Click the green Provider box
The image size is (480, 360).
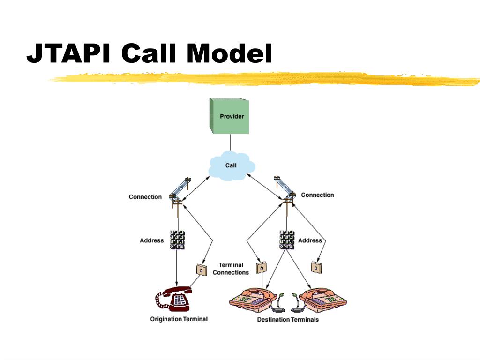(229, 116)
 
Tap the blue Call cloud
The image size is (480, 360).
(232, 165)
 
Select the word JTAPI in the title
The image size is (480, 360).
(68, 53)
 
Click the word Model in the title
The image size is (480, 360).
(229, 53)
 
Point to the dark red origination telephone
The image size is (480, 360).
(173, 299)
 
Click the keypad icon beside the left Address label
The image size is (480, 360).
(177, 240)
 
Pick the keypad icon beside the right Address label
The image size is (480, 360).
(286, 240)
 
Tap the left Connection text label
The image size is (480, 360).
(145, 197)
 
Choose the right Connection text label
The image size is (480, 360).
(317, 195)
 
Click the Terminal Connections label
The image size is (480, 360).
(231, 269)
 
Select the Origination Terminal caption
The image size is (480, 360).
(179, 319)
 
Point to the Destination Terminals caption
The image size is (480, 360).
(288, 320)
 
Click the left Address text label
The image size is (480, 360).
(152, 240)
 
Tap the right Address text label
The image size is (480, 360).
(310, 240)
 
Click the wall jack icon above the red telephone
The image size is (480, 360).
(202, 270)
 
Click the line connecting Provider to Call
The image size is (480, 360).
(230, 142)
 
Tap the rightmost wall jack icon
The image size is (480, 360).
(316, 268)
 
